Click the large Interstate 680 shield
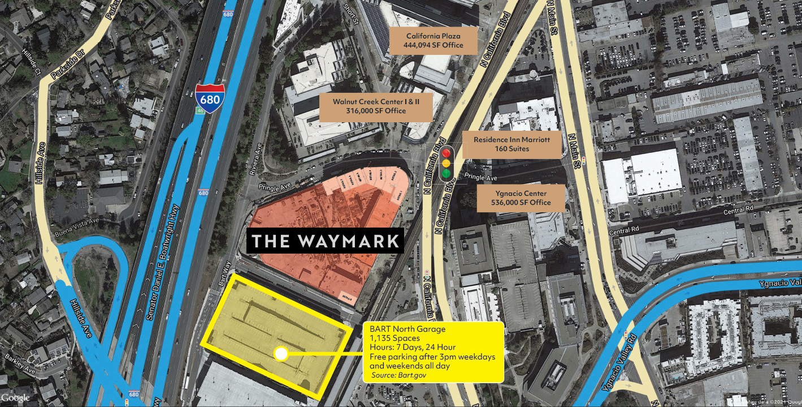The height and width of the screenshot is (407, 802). click(x=210, y=97)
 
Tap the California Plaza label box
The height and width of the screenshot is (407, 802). click(x=433, y=41)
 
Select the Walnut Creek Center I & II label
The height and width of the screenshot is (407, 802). click(x=376, y=106)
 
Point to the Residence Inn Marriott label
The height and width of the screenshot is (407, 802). click(x=512, y=144)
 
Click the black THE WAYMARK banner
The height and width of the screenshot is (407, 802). click(x=325, y=241)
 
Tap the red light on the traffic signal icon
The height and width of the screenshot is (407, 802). click(x=446, y=152)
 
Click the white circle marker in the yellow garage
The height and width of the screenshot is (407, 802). click(x=280, y=354)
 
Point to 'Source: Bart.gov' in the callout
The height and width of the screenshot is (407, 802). click(x=399, y=375)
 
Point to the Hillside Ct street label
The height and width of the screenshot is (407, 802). click(x=37, y=63)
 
